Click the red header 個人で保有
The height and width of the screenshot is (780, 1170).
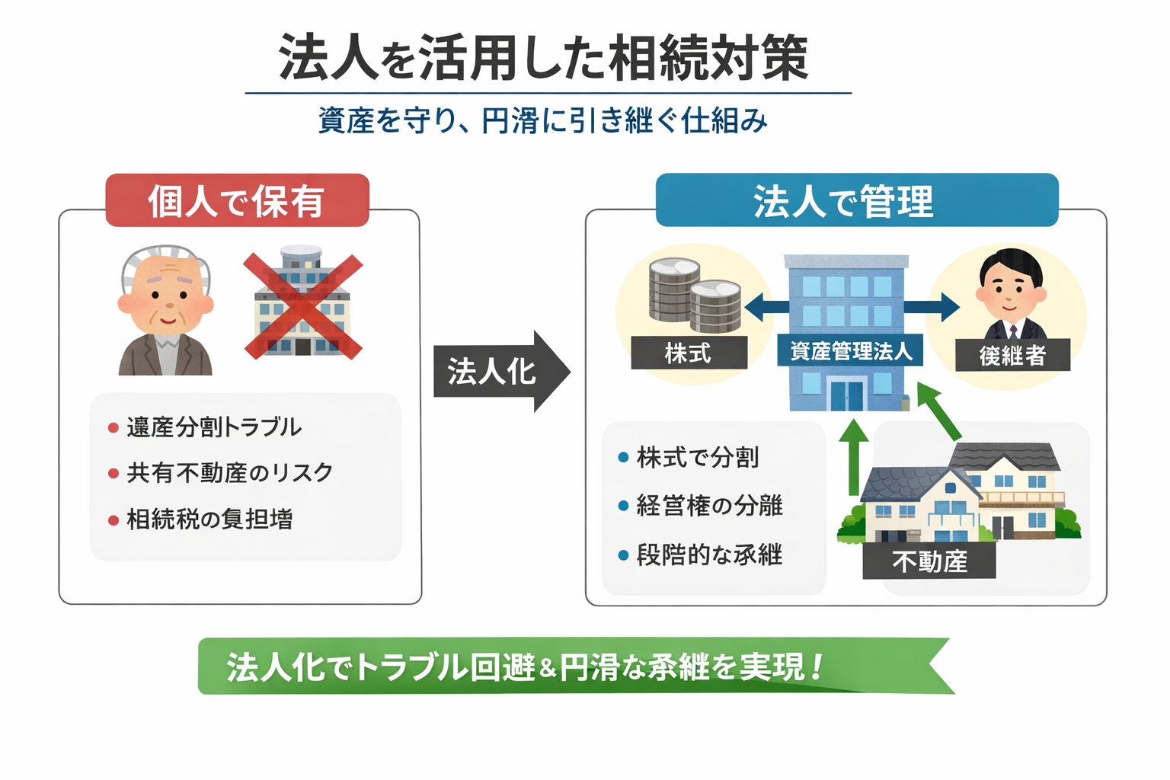click(237, 200)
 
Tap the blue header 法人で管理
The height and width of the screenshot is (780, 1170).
click(856, 200)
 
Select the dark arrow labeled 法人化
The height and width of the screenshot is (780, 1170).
click(499, 372)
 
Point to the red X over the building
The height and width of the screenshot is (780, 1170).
click(302, 306)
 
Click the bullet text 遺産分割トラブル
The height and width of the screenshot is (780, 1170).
click(214, 427)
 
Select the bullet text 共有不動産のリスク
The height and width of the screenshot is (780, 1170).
click(229, 473)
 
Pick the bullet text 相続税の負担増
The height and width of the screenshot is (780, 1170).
click(209, 519)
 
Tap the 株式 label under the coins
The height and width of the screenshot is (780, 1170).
click(688, 353)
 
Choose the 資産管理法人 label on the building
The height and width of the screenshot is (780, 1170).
click(850, 351)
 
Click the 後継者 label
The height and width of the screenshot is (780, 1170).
click(1012, 355)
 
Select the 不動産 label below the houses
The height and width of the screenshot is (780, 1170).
click(929, 561)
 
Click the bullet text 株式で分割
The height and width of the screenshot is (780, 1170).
click(697, 458)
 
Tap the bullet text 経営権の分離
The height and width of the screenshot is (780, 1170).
click(709, 506)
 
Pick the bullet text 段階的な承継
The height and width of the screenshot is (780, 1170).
click(709, 555)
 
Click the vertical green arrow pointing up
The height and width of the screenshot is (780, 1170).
click(853, 457)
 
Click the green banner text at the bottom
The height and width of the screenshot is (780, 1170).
click(526, 667)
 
